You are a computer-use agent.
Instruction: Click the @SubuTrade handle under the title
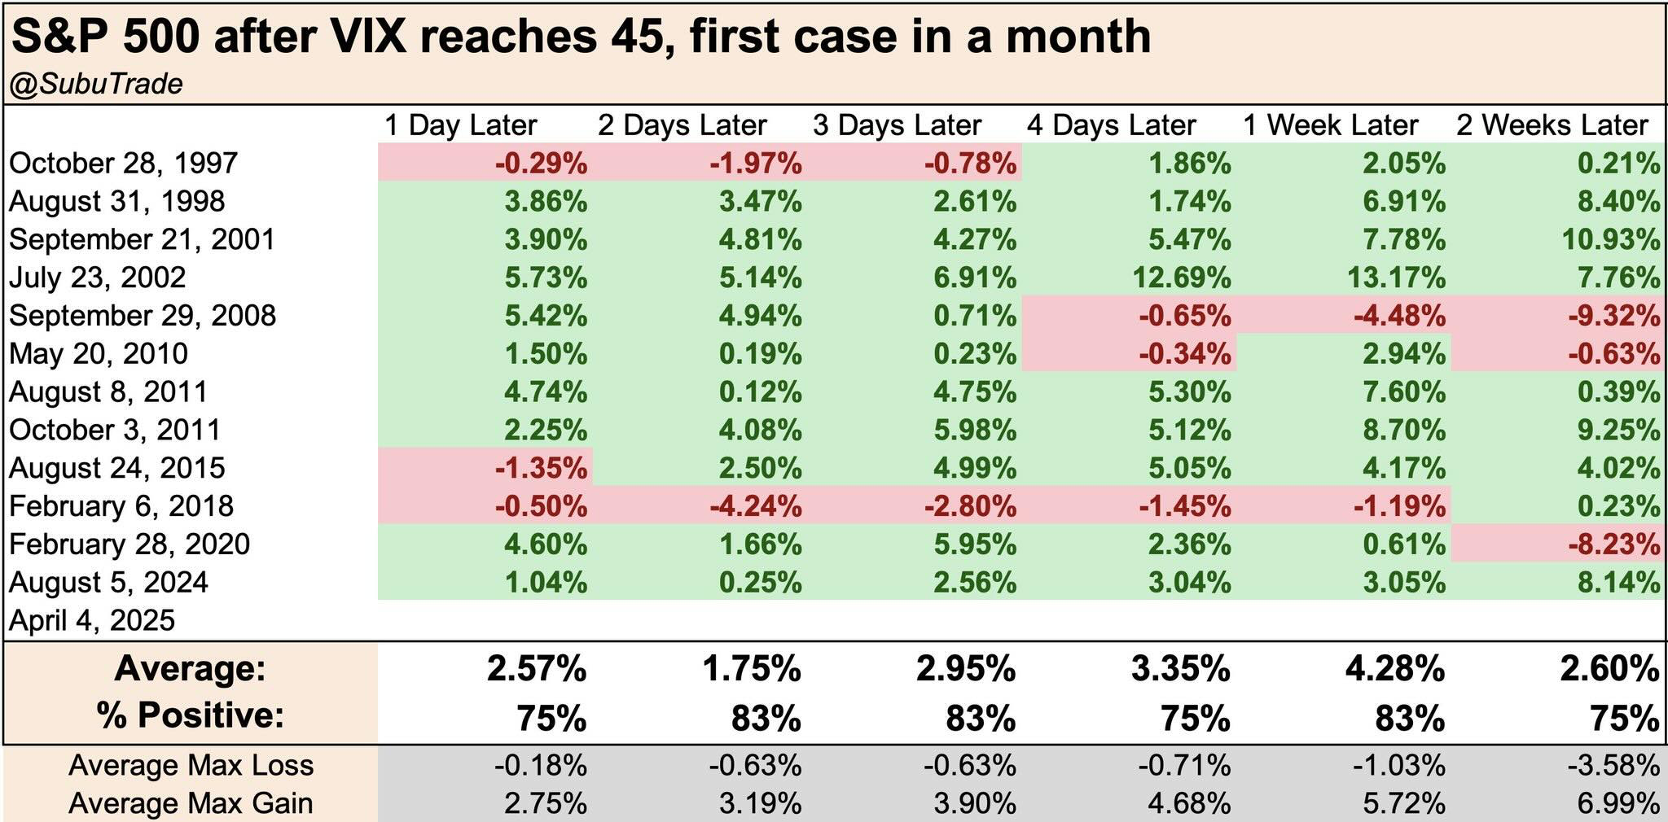coord(96,85)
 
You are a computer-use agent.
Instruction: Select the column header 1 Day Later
coord(460,125)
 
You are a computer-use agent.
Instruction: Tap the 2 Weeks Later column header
coord(1552,125)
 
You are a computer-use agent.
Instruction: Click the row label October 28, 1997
coord(123,163)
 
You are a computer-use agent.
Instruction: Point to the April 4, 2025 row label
coord(92,621)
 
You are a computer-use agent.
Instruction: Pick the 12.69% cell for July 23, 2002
coord(1181,278)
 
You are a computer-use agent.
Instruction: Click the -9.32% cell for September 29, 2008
coord(1614,316)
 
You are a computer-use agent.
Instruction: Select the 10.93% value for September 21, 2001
coord(1610,239)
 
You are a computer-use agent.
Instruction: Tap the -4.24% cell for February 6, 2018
coord(755,506)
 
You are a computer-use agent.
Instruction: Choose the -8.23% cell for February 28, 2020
coord(1614,544)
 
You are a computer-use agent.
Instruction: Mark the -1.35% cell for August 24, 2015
coord(541,468)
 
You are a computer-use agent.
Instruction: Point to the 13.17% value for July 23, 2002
coord(1396,278)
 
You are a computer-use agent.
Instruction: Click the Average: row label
coord(191,669)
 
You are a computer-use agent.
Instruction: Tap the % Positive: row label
coord(191,715)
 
